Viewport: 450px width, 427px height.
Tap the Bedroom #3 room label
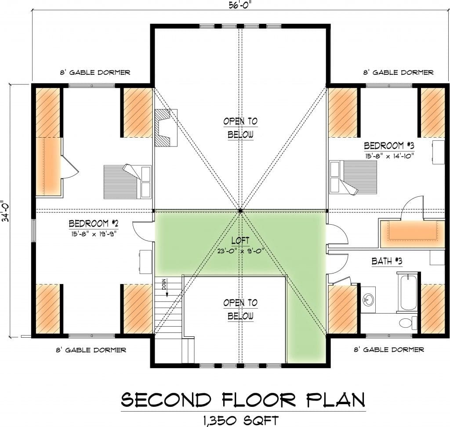click(x=389, y=146)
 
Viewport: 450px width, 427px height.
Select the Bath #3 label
click(x=387, y=261)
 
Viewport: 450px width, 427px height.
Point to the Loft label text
click(x=240, y=241)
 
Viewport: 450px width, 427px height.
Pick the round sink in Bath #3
click(x=368, y=300)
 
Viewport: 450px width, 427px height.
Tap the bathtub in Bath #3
click(x=407, y=292)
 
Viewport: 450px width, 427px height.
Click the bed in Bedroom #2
click(x=127, y=182)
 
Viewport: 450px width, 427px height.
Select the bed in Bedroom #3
click(x=353, y=177)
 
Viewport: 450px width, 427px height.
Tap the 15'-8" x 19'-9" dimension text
click(x=94, y=234)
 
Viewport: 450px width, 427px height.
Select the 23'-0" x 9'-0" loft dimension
click(x=240, y=251)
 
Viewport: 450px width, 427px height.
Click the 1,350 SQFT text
click(x=240, y=420)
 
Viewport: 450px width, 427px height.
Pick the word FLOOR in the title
click(x=258, y=399)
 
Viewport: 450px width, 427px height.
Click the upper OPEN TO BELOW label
click(x=240, y=128)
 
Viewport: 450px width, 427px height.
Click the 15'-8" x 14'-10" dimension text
click(x=389, y=156)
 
